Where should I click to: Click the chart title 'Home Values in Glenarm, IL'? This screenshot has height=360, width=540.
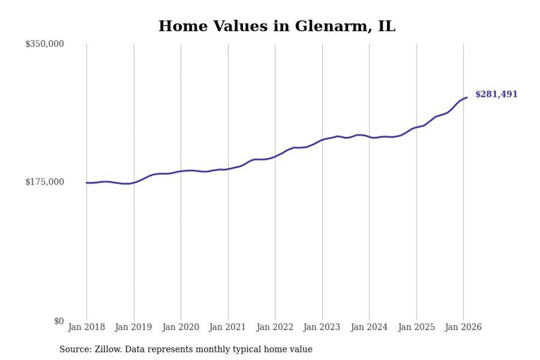pyautogui.click(x=277, y=26)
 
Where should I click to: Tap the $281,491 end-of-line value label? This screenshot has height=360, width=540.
pyautogui.click(x=496, y=95)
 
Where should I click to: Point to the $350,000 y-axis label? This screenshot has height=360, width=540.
pyautogui.click(x=44, y=44)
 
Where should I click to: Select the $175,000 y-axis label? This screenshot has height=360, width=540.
pyautogui.click(x=44, y=182)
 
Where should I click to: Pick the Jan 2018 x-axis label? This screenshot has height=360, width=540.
pyautogui.click(x=86, y=327)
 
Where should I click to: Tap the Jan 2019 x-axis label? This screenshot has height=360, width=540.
pyautogui.click(x=134, y=327)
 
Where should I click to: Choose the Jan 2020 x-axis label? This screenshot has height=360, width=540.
pyautogui.click(x=181, y=327)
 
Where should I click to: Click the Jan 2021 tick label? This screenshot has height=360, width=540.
pyautogui.click(x=228, y=327)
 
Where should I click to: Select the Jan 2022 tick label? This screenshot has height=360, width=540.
pyautogui.click(x=275, y=327)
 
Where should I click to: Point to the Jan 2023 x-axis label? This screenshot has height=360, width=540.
pyautogui.click(x=322, y=327)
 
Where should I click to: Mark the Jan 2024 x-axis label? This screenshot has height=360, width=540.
pyautogui.click(x=369, y=327)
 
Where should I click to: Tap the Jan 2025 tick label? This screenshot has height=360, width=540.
pyautogui.click(x=416, y=327)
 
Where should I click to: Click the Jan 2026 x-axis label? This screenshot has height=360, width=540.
pyautogui.click(x=463, y=327)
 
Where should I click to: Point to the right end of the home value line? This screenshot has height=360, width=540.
pyautogui.click(x=467, y=97)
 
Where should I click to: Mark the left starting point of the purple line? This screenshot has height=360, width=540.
pyautogui.click(x=86, y=183)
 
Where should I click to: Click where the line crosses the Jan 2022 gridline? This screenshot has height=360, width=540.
pyautogui.click(x=275, y=157)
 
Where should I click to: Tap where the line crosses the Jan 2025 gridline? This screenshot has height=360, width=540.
pyautogui.click(x=416, y=127)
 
